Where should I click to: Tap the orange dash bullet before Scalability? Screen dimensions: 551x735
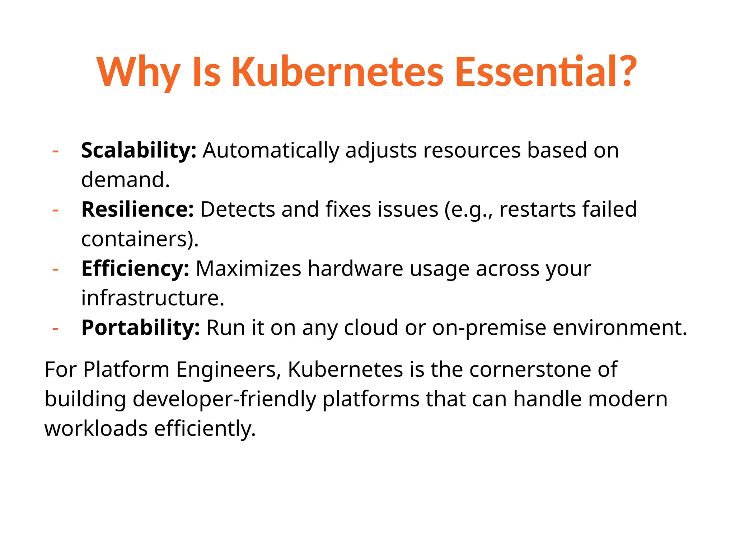click(55, 151)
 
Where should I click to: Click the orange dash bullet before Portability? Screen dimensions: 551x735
click(55, 328)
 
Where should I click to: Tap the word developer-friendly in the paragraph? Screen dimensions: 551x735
click(224, 399)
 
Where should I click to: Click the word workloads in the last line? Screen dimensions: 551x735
click(96, 428)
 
